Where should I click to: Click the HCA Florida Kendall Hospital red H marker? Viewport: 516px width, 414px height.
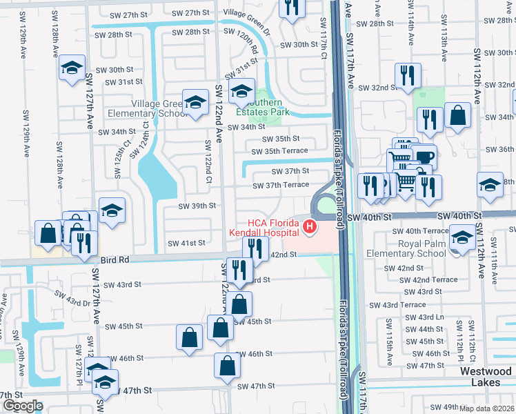[x=310, y=226]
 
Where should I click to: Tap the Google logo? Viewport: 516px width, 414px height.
[x=23, y=406]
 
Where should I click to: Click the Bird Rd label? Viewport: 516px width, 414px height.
[x=114, y=260]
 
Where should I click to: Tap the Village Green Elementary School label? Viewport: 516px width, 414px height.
[x=160, y=108]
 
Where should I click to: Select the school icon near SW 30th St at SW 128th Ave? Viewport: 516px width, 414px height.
[x=71, y=68]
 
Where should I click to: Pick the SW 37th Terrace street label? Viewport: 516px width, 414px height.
[x=281, y=185]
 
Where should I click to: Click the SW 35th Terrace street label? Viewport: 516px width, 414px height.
[x=279, y=150]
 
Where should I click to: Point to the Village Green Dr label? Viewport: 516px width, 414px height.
[x=248, y=13]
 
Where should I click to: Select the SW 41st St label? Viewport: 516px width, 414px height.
[x=187, y=243]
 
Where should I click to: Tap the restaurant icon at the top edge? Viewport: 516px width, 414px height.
[x=292, y=7]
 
